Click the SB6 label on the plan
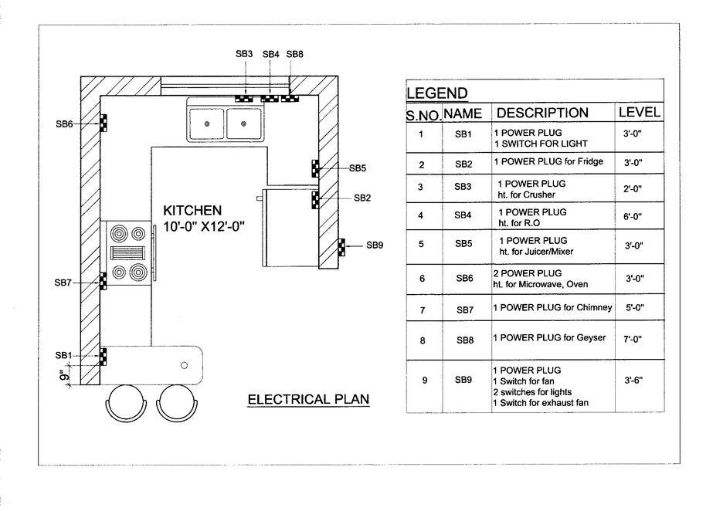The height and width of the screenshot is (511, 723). [64, 124]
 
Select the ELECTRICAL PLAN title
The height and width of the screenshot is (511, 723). [308, 399]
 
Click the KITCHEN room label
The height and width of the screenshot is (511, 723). [192, 210]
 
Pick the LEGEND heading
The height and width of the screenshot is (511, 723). [437, 94]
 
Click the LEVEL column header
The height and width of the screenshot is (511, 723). [639, 113]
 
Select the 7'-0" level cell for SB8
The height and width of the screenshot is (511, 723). [633, 340]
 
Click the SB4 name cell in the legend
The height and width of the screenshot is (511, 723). [463, 216]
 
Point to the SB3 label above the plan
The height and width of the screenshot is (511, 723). [244, 54]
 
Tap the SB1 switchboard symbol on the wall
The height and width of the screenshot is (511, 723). [102, 356]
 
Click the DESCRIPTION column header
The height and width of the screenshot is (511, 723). [542, 113]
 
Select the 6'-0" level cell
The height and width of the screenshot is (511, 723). [633, 217]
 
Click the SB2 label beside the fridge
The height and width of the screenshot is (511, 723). [363, 198]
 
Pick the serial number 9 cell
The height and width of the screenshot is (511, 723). [421, 381]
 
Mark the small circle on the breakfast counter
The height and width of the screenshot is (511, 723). [185, 364]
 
